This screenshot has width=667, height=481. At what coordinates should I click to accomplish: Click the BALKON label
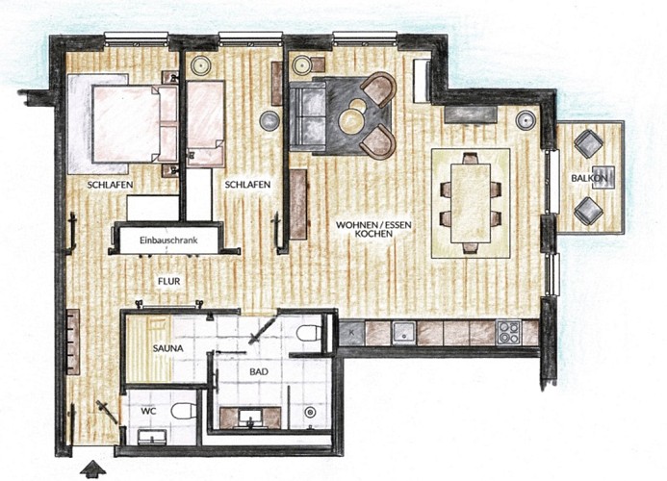[588, 179]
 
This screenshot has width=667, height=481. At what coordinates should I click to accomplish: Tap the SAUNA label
[171, 348]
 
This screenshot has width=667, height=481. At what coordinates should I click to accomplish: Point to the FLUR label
[170, 281]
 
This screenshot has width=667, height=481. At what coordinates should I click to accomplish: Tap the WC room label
[148, 411]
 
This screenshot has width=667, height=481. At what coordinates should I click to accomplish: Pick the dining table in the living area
[470, 202]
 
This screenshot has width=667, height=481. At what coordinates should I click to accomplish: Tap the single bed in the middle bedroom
[205, 125]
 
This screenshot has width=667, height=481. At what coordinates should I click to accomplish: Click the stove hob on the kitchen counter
[507, 333]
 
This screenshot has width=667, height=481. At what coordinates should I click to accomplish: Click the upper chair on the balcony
[587, 144]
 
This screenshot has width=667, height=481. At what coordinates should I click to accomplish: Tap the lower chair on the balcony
[587, 210]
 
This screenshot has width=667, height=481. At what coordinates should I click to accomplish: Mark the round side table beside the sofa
[269, 120]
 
